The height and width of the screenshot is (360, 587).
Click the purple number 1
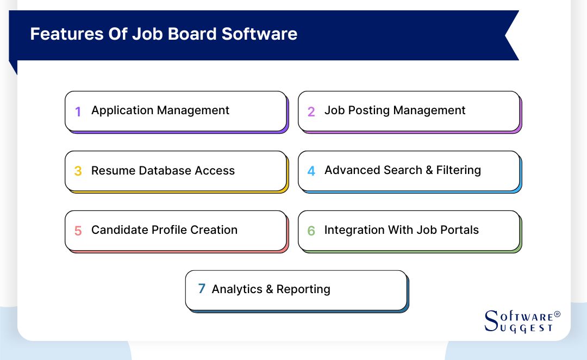[x=78, y=111]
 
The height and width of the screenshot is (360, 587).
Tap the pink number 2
[x=311, y=111]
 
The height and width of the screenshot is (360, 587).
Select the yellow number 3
[x=78, y=171]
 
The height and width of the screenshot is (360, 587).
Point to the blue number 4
[x=311, y=171]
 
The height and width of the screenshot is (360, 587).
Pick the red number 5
[x=78, y=231]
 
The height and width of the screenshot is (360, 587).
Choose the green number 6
[x=311, y=231]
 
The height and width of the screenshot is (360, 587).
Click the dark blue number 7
[x=202, y=289]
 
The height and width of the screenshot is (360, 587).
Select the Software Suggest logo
[x=519, y=321]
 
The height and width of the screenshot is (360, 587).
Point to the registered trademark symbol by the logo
[x=557, y=315]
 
